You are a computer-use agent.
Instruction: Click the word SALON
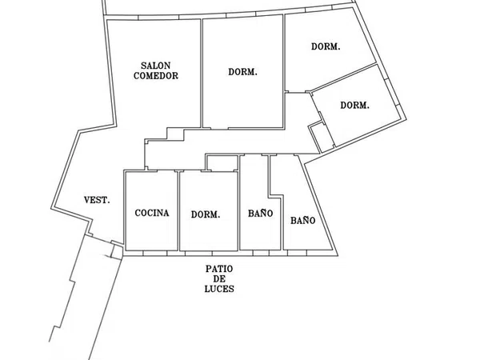coord(155,66)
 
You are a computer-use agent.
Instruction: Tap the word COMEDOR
coord(156,76)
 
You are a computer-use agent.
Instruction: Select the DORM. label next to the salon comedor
coord(242,72)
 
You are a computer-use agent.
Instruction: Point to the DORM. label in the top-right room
coord(326,47)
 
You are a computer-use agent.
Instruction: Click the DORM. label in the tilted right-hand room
coord(354,106)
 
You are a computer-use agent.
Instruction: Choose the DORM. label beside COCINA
coord(206,214)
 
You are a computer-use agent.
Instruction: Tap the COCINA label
coord(152,213)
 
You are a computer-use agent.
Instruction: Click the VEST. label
coord(97,201)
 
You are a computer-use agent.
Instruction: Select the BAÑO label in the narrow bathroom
coord(261,214)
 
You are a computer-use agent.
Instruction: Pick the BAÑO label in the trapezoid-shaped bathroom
coord(302,221)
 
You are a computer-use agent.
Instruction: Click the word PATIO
coord(219,270)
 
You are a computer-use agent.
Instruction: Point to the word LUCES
coord(219,289)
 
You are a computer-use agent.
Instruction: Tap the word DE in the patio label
coord(219,279)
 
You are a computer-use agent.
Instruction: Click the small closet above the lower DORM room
coord(222,163)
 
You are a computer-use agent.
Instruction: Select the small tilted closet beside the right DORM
coord(321,137)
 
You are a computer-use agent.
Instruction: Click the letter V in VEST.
coord(87,201)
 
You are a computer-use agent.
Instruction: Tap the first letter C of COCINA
coord(138,213)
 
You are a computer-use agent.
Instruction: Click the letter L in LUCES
coord(207,289)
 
